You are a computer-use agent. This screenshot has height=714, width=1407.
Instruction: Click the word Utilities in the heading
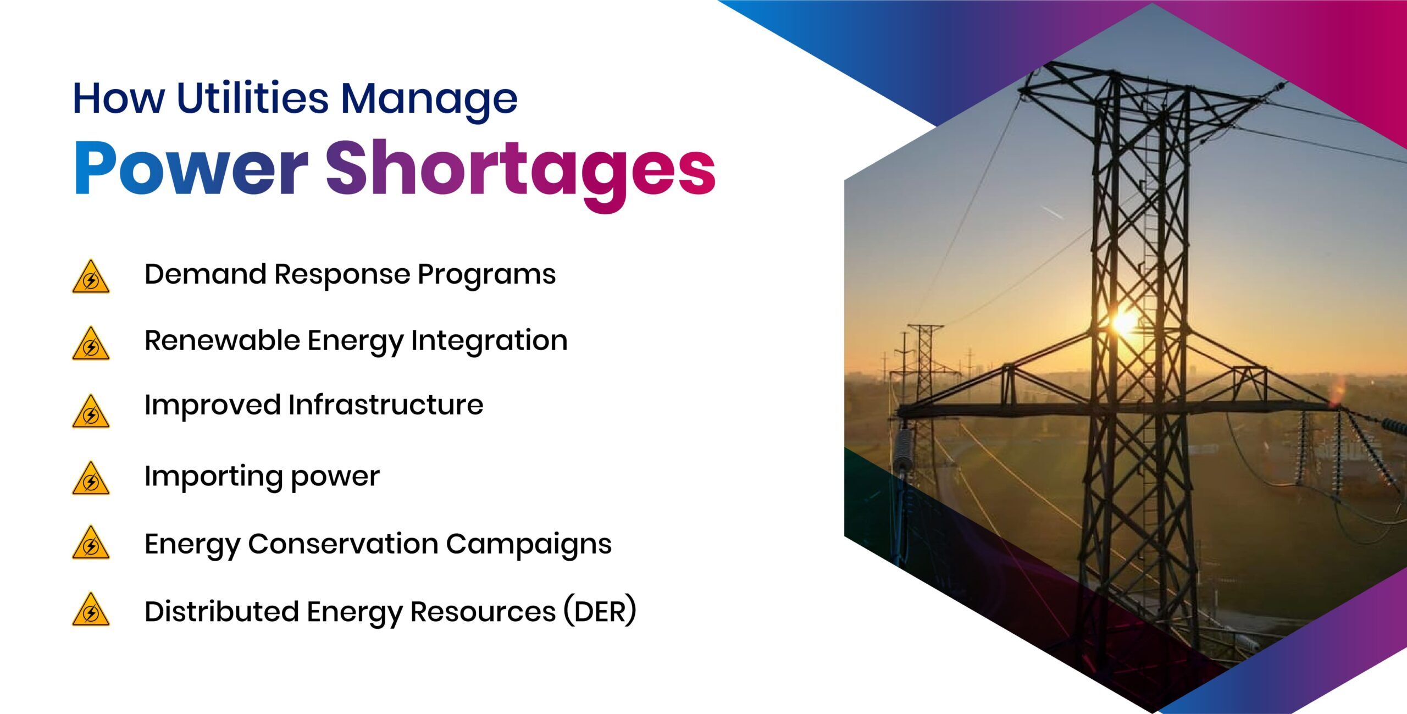click(252, 99)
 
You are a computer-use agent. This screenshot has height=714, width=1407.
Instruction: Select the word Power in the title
click(190, 168)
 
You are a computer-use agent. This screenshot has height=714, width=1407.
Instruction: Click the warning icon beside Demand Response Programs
click(91, 277)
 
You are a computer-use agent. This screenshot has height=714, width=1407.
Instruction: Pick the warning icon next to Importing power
click(91, 479)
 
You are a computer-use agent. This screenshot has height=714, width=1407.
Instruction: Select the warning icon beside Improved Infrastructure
click(91, 412)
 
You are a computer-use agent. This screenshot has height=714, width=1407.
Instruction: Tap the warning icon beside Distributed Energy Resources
click(91, 610)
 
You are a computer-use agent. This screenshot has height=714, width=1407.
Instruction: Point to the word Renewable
click(221, 340)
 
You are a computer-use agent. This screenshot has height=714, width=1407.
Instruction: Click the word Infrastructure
click(385, 405)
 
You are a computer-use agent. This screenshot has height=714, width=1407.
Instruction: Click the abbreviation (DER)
click(600, 611)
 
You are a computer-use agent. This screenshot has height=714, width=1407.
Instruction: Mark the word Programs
click(486, 275)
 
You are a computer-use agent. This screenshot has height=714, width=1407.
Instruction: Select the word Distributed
click(221, 611)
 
